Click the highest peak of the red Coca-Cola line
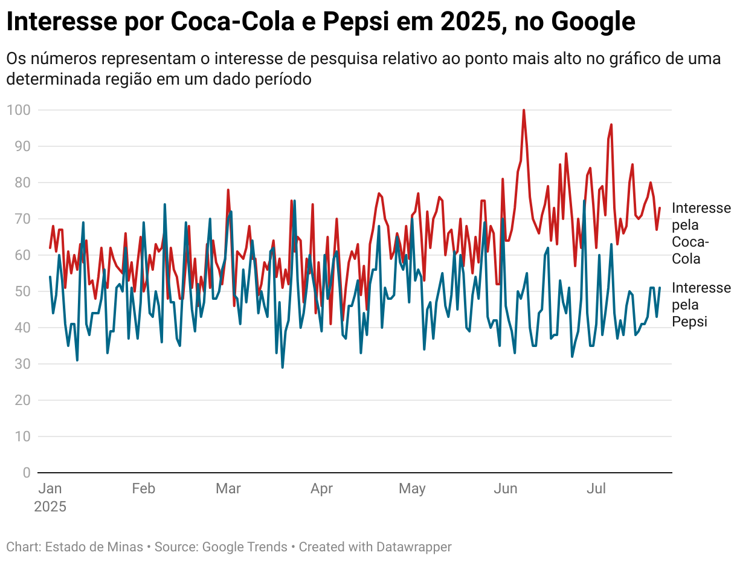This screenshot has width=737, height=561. pyautogui.click(x=524, y=110)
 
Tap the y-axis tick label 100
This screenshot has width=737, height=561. pyautogui.click(x=19, y=110)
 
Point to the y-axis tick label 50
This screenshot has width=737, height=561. pyautogui.click(x=22, y=291)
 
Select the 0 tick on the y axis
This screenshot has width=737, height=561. pyautogui.click(x=26, y=473)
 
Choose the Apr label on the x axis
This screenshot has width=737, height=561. pyautogui.click(x=321, y=488)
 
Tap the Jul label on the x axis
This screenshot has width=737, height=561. pyautogui.click(x=596, y=488)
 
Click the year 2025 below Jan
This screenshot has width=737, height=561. pyautogui.click(x=50, y=507)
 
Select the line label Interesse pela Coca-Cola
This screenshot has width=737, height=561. pyautogui.click(x=701, y=233)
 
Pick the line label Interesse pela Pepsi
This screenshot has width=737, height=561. pyautogui.click(x=701, y=305)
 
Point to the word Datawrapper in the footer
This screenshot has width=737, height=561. pyautogui.click(x=414, y=547)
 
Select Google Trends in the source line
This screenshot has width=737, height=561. pyautogui.click(x=245, y=547)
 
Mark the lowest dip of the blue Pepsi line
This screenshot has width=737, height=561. pyautogui.click(x=282, y=367)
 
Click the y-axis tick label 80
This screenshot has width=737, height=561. pyautogui.click(x=22, y=183)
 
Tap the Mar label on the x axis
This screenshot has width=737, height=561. pyautogui.click(x=228, y=488)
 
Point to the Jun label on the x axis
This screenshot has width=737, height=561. pyautogui.click(x=505, y=488)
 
